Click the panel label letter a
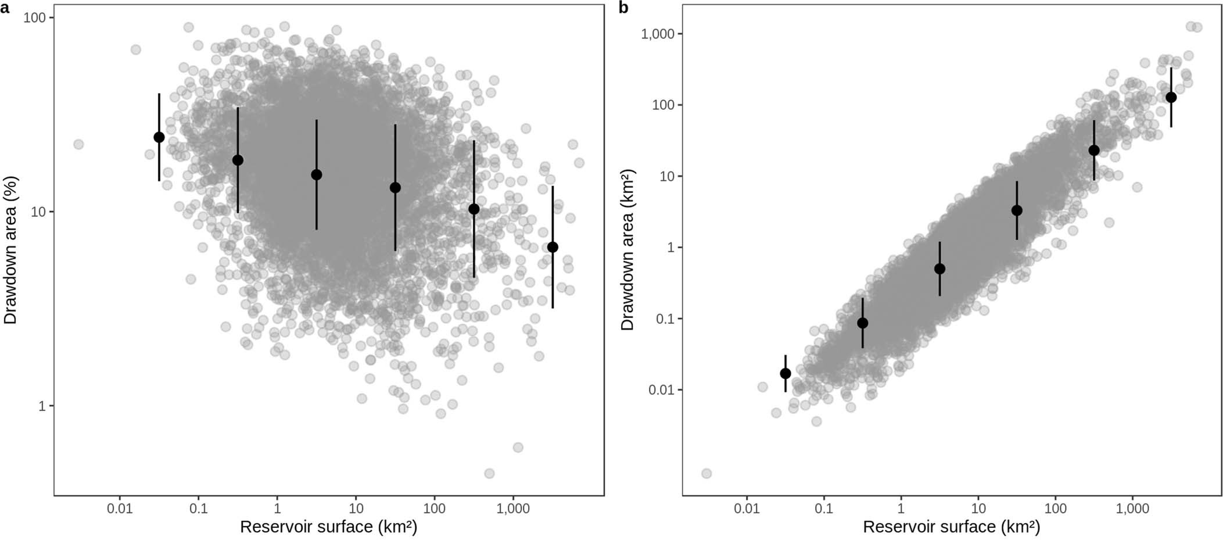click(x=5, y=8)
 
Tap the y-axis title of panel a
click(x=10, y=250)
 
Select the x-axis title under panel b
click(x=951, y=527)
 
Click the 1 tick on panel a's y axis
click(x=42, y=406)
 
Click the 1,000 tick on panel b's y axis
click(x=658, y=34)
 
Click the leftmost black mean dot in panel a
click(x=159, y=137)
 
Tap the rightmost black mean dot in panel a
click(x=553, y=247)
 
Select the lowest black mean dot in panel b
click(x=786, y=373)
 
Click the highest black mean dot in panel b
click(x=1171, y=97)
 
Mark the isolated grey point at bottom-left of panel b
click(x=706, y=474)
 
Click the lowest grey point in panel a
click(x=489, y=474)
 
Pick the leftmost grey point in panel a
click(x=78, y=144)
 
